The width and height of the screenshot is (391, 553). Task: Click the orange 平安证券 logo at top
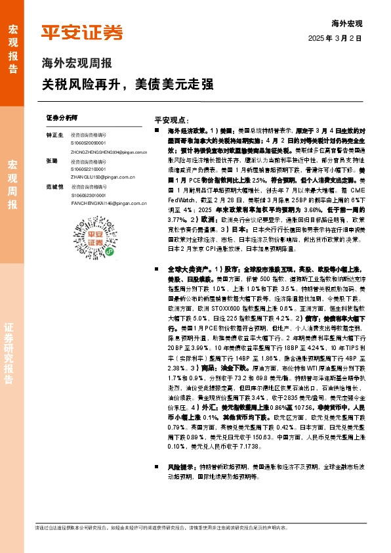(81, 32)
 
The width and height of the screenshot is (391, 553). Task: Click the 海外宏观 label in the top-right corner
(348, 23)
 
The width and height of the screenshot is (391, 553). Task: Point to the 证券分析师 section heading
(62, 117)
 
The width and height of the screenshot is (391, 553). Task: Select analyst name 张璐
(52, 160)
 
